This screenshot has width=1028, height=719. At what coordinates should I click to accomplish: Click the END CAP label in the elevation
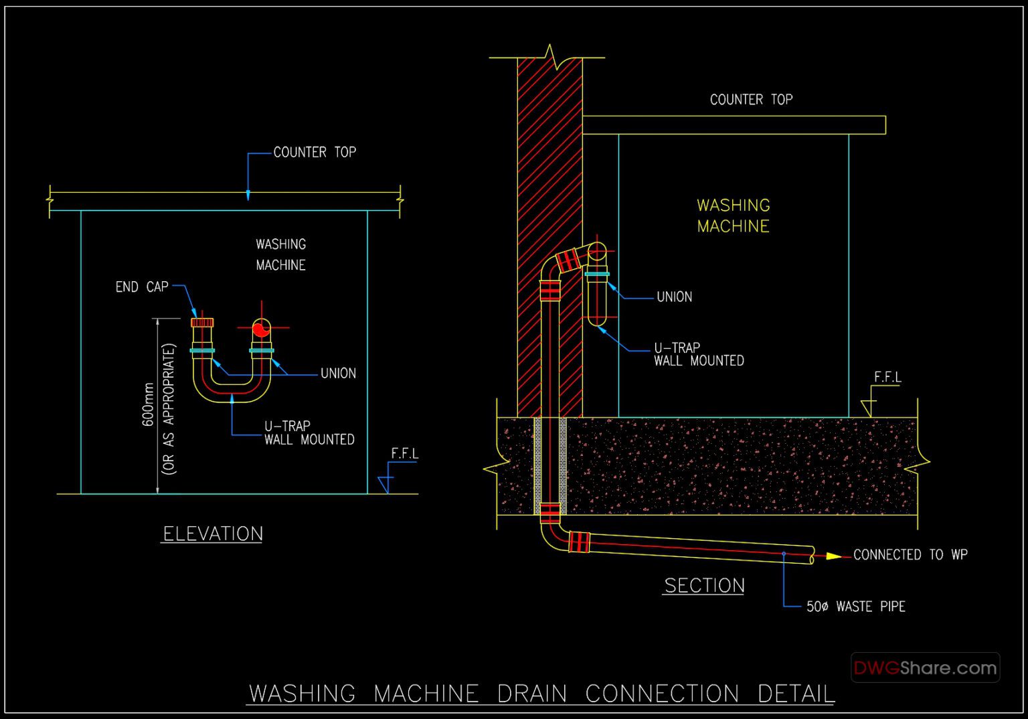pos(142,287)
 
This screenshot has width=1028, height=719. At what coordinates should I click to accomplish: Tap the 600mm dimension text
pos(149,404)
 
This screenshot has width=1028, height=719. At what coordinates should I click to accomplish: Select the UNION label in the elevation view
pos(338,374)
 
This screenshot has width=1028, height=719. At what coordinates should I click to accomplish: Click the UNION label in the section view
pos(674,297)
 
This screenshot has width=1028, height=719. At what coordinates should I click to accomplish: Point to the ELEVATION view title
pos(213,534)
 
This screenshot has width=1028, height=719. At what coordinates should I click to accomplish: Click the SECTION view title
pos(704,586)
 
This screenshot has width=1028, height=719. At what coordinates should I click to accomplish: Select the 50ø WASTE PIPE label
pos(855,607)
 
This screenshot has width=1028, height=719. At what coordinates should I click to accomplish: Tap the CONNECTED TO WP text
pos(910,555)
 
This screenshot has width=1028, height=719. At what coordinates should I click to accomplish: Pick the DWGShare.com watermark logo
pos(925,667)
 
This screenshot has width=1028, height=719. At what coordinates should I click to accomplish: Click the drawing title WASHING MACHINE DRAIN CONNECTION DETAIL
pos(541,694)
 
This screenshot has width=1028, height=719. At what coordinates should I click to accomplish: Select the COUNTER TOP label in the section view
pos(751,100)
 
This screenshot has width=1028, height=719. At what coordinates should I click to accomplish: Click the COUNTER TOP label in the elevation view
pos(315,153)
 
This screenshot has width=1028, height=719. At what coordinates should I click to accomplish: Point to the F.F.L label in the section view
pos(887,378)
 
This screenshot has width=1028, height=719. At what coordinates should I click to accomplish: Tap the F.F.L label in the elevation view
pos(404,454)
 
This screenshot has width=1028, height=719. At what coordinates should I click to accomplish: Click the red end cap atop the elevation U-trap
pos(202,323)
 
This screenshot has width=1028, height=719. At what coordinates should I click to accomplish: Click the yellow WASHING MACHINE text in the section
pos(734,216)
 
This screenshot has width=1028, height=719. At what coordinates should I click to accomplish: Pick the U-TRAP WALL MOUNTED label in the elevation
pos(309,433)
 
